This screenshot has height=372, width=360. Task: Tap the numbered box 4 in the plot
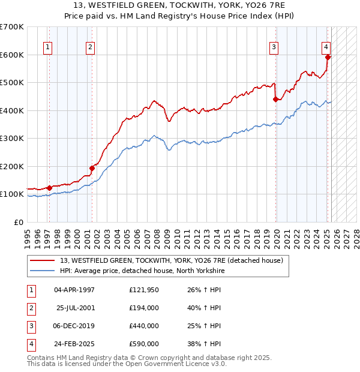point(325,47)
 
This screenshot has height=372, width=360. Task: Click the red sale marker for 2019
point(275,100)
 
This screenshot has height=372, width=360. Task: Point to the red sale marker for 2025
point(328,58)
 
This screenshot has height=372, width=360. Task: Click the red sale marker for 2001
point(92,168)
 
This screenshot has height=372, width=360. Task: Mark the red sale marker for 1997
point(49,188)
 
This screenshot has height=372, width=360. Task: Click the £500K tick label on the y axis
point(12,83)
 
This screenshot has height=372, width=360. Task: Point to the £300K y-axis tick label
point(12,139)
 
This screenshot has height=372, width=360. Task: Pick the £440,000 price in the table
point(144,326)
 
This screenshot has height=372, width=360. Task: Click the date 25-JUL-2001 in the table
point(76,308)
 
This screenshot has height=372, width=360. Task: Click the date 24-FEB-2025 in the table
point(76,344)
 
